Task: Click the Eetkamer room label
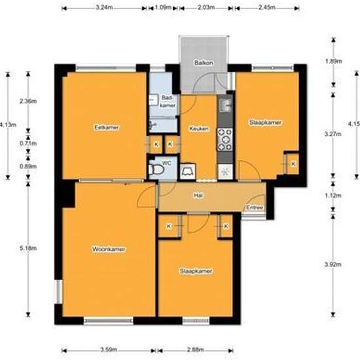[107, 128]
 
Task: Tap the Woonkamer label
[109, 249]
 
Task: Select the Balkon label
[204, 63]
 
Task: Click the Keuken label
[199, 128]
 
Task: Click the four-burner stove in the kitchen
[225, 139]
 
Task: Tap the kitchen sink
[225, 105]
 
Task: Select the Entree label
[255, 207]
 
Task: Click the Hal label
[198, 196]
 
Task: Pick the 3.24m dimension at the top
[104, 7]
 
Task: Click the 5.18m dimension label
[28, 248]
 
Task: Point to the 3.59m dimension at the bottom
[109, 350]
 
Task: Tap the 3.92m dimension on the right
[333, 264]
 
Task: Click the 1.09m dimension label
[163, 7]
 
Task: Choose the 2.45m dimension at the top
[267, 7]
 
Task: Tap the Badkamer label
[168, 101]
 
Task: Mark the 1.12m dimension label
[333, 196]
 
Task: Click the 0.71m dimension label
[28, 143]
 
